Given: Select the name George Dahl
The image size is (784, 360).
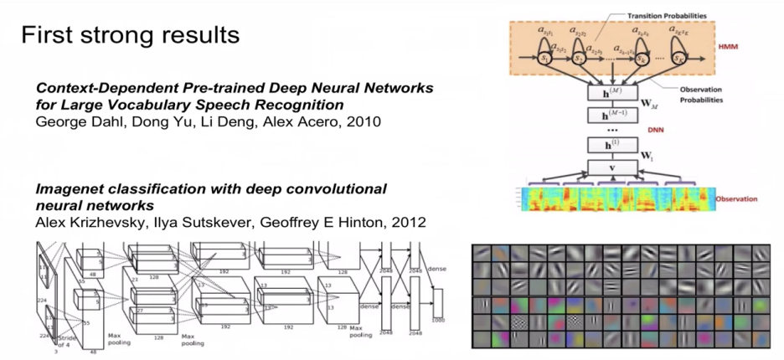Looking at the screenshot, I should [74, 122].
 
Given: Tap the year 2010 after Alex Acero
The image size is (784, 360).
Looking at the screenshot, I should [363, 122].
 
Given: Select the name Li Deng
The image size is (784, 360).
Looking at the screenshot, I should [214, 122].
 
